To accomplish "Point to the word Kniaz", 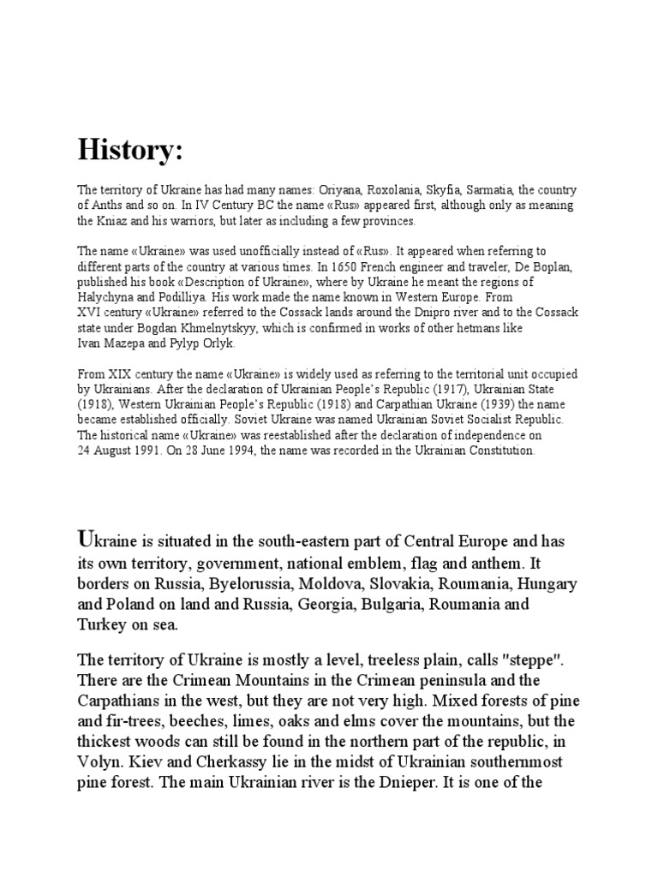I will (111, 221).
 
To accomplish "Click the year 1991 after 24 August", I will (142, 452).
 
